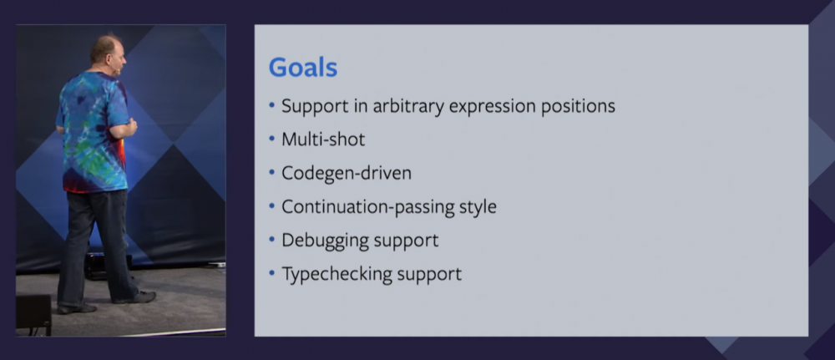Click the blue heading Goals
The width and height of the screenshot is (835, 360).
tap(303, 68)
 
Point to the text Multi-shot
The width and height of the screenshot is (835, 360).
tap(323, 139)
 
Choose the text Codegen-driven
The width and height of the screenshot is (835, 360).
tap(347, 174)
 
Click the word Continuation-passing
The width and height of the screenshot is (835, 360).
tap(367, 206)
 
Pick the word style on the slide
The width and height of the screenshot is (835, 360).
tap(478, 206)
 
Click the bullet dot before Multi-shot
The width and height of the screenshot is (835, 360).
tap(272, 140)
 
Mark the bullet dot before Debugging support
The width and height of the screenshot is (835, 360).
tap(272, 241)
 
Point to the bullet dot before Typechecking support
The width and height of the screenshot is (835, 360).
tap(272, 274)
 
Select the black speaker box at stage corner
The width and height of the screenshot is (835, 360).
tap(33, 314)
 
